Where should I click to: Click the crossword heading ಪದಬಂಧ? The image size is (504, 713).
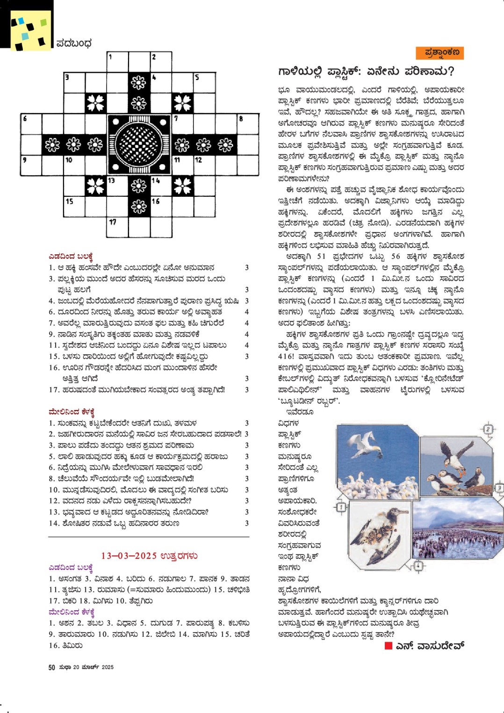click(x=74, y=43)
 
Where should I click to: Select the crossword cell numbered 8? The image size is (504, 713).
click(x=247, y=124)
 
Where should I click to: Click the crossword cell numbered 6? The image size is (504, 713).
click(x=31, y=124)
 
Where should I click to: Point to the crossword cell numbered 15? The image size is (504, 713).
click(x=74, y=206)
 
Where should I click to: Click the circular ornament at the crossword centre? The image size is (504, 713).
click(x=139, y=144)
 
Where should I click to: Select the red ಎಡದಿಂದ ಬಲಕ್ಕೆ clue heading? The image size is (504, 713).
click(x=71, y=256)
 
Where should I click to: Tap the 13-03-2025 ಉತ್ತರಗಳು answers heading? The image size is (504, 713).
click(x=149, y=555)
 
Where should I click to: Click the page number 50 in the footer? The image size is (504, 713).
click(x=51, y=667)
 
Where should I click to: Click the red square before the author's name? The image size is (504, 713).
click(x=388, y=646)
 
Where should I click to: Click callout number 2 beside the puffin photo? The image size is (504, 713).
click(x=488, y=429)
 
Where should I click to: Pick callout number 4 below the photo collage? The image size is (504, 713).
click(x=418, y=566)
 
